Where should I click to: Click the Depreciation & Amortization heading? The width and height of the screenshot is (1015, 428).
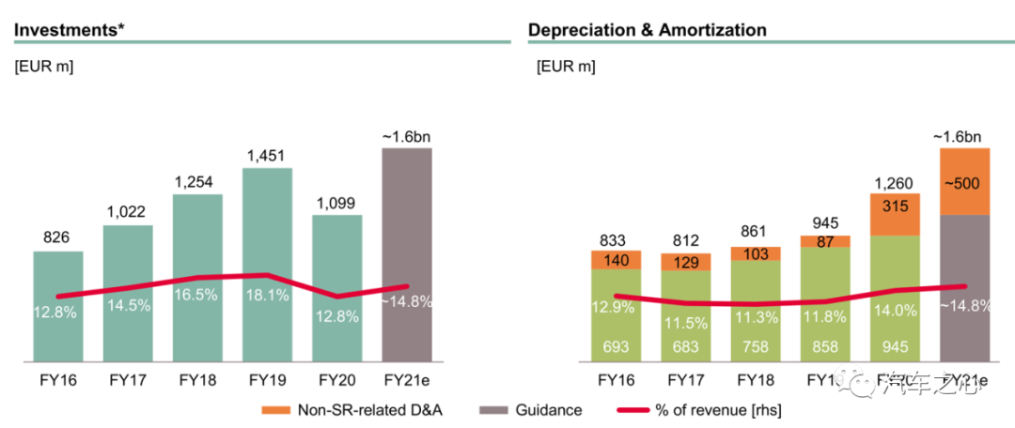click(647, 30)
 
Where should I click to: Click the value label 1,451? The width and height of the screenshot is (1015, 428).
click(266, 155)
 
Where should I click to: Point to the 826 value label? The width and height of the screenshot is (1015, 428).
click(58, 238)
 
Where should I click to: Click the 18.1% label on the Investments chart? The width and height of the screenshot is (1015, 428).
click(266, 295)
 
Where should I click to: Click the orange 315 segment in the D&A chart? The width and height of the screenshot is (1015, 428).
click(895, 214)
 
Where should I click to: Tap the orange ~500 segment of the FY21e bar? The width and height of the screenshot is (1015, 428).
click(964, 181)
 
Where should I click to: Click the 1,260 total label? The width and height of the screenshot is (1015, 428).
click(895, 181)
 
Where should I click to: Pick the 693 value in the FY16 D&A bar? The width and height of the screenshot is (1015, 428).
click(616, 348)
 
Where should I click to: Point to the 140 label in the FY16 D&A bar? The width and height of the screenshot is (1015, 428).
click(616, 260)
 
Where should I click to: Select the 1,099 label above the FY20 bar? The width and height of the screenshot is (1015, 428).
click(336, 202)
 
